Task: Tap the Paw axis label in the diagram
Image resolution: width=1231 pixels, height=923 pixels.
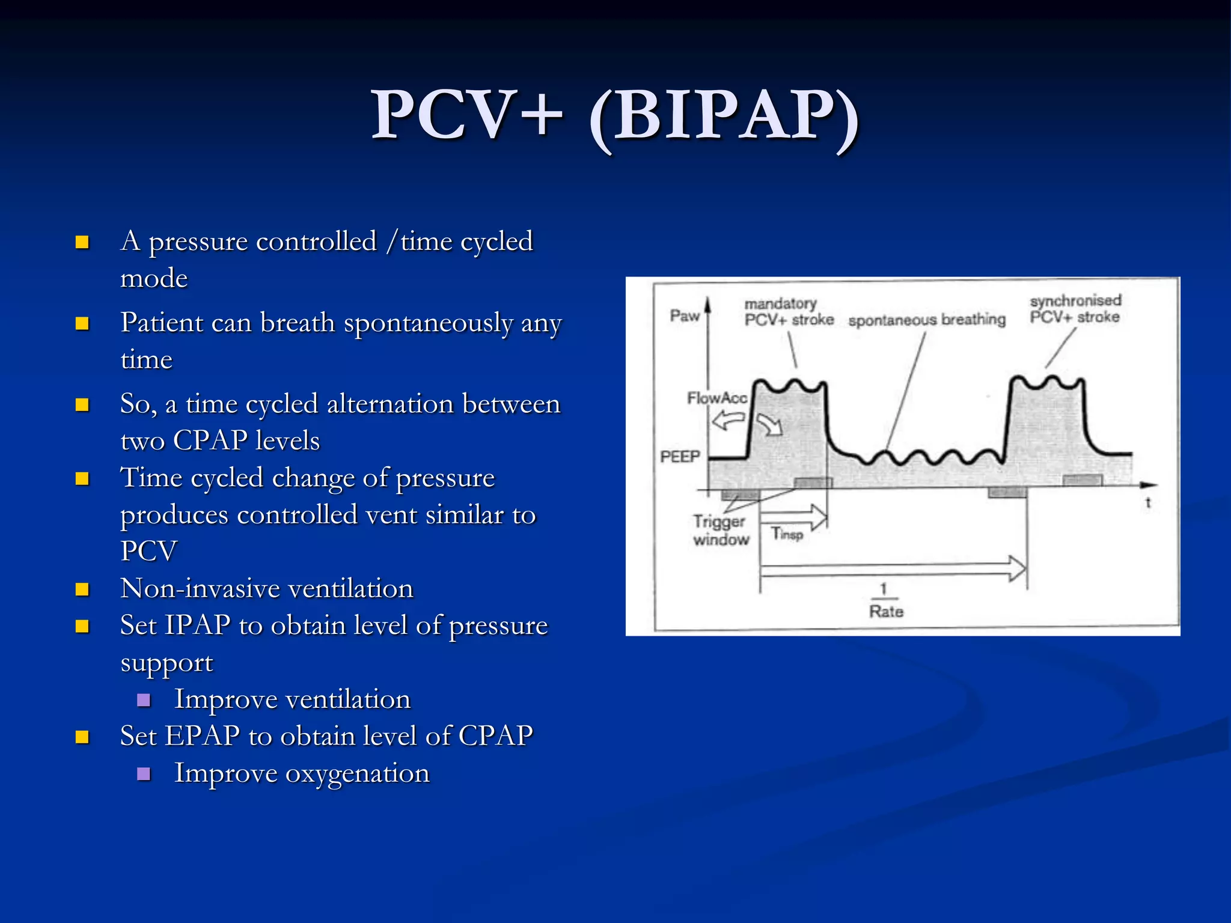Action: tap(685, 315)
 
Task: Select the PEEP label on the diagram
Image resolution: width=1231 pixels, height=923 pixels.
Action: tap(680, 457)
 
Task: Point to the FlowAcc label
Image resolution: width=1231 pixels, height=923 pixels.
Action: tap(716, 398)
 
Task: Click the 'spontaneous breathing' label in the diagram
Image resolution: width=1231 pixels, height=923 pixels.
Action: tap(926, 320)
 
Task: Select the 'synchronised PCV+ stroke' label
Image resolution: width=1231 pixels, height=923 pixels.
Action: tap(1075, 309)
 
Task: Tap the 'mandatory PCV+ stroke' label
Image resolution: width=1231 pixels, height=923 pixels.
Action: tap(788, 312)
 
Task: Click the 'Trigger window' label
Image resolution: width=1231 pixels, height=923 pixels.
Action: tap(720, 530)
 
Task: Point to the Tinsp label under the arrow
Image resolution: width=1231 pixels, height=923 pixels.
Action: tap(787, 533)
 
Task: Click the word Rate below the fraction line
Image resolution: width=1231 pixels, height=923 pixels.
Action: tap(886, 611)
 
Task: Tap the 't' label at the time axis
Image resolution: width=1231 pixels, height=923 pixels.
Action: tap(1147, 503)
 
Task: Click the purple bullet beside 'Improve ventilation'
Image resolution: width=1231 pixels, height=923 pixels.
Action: tap(144, 699)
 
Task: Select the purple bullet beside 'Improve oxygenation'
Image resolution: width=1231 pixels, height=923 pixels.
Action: tap(144, 773)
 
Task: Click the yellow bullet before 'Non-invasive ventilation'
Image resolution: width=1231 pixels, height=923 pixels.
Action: tap(82, 589)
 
